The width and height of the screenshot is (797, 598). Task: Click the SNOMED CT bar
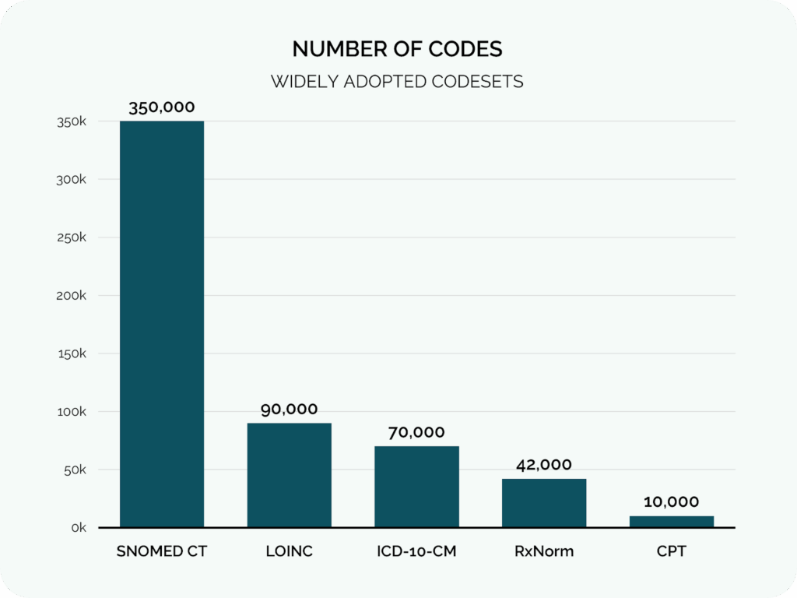click(x=162, y=324)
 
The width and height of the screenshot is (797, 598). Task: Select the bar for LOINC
click(x=290, y=475)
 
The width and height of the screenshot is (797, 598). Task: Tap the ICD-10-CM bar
click(x=416, y=487)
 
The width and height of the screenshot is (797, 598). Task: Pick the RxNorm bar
click(x=544, y=503)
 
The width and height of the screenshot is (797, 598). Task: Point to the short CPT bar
click(x=672, y=522)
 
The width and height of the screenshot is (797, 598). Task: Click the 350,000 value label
click(x=162, y=107)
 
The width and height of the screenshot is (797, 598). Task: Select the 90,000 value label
click(x=290, y=410)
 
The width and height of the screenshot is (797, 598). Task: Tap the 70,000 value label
click(x=416, y=432)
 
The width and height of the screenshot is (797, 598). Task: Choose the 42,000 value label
click(x=544, y=465)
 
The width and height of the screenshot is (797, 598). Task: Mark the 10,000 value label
click(x=672, y=502)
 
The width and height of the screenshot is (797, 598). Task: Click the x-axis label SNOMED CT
click(x=162, y=552)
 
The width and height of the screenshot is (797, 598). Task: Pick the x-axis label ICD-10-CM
click(x=416, y=552)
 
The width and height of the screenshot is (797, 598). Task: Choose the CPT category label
click(x=672, y=552)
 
